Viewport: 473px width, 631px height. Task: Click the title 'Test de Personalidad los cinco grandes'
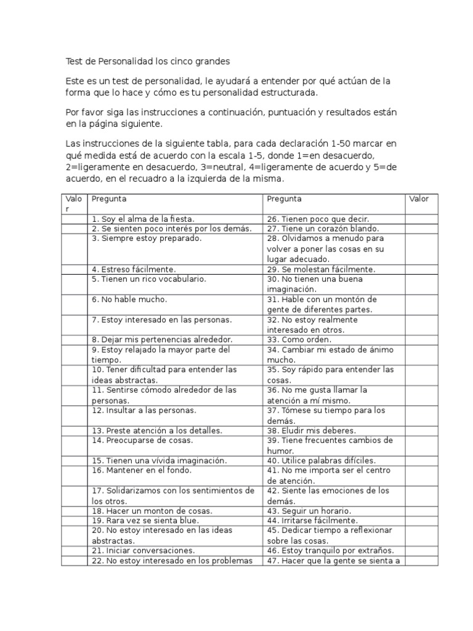pos(147,62)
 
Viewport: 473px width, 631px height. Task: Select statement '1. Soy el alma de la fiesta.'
pos(143,219)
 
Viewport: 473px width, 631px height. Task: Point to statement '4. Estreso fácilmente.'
pos(134,269)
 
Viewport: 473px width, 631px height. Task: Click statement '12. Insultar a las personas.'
pos(144,410)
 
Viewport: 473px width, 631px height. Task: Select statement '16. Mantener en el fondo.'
pos(142,471)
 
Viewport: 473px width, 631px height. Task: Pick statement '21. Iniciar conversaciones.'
pos(143,550)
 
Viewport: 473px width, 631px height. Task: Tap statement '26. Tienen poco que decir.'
pos(318,219)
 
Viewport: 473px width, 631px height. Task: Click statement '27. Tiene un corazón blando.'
pos(321,229)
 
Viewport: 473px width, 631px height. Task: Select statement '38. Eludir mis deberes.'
pos(312,431)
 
